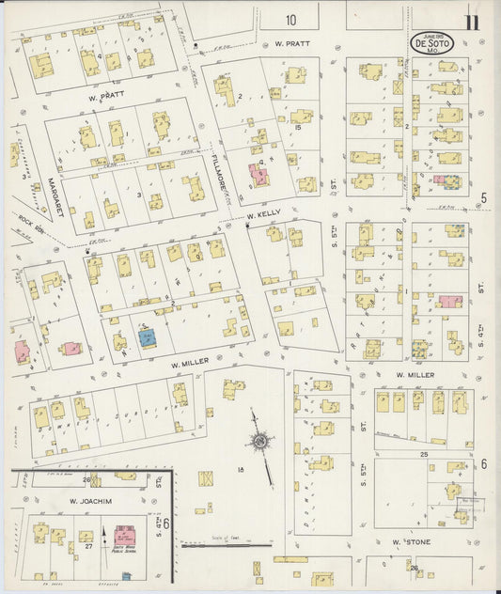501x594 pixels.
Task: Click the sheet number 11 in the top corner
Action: pos(469,22)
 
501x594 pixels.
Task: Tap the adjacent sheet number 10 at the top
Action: pos(291,20)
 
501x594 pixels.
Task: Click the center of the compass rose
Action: pos(259,440)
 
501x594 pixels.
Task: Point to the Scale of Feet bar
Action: pos(226,542)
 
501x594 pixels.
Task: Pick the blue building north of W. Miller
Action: pos(148,337)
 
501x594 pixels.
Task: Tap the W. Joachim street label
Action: pos(85,501)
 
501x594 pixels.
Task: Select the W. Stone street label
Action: pos(411,542)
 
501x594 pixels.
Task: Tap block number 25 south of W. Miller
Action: pos(424,454)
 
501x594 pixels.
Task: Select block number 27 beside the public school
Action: pos(89,545)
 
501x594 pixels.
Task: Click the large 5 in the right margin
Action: pos(483,197)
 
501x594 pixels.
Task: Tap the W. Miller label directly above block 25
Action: pos(413,375)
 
